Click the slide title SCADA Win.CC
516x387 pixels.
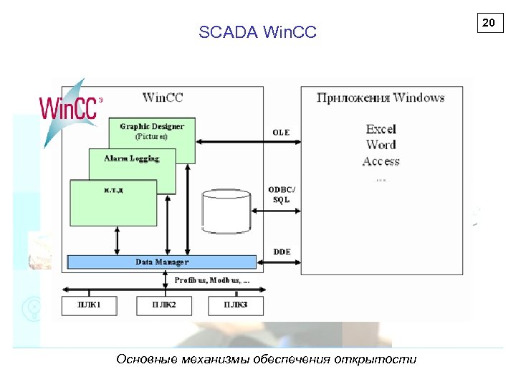click(x=257, y=32)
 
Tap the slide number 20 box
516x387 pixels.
click(x=489, y=24)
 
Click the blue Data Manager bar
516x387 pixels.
click(x=161, y=262)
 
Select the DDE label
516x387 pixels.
click(x=282, y=252)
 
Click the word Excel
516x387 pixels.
click(x=381, y=129)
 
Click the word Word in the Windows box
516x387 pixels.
click(x=381, y=145)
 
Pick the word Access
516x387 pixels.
click(x=381, y=162)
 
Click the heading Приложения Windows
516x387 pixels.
click(x=381, y=98)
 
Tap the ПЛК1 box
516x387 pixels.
click(x=89, y=306)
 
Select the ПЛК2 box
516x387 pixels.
click(x=163, y=306)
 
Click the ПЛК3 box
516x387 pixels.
click(x=236, y=306)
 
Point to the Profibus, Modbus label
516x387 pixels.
click(x=212, y=281)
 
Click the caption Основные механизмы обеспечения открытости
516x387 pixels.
click(x=266, y=359)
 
